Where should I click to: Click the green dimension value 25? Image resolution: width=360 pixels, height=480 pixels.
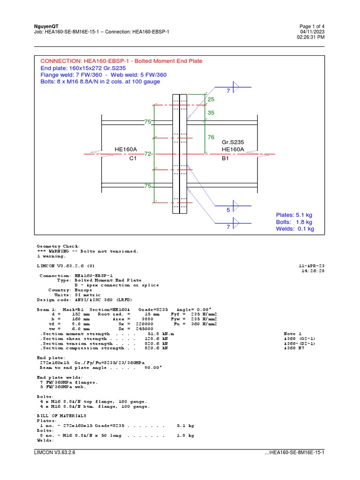[210, 100]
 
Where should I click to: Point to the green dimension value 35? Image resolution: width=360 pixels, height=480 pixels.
[210, 113]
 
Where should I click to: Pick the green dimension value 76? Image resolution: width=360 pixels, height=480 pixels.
[210, 137]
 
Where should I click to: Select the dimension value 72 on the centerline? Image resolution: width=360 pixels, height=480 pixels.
[148, 154]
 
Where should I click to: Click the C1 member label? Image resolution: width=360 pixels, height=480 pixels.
[132, 158]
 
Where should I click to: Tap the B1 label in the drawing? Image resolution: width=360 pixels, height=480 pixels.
[225, 158]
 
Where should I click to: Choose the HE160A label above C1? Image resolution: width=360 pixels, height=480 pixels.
[126, 150]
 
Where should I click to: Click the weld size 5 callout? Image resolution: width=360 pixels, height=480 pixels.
[228, 210]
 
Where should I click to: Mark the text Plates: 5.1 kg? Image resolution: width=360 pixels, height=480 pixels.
[294, 215]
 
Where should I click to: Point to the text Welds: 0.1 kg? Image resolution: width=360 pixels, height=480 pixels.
[295, 229]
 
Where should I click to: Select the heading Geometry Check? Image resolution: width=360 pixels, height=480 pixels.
[58, 246]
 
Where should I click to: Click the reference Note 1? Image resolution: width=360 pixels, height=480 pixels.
[292, 334]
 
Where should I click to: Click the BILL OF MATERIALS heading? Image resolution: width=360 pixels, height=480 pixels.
[61, 416]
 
